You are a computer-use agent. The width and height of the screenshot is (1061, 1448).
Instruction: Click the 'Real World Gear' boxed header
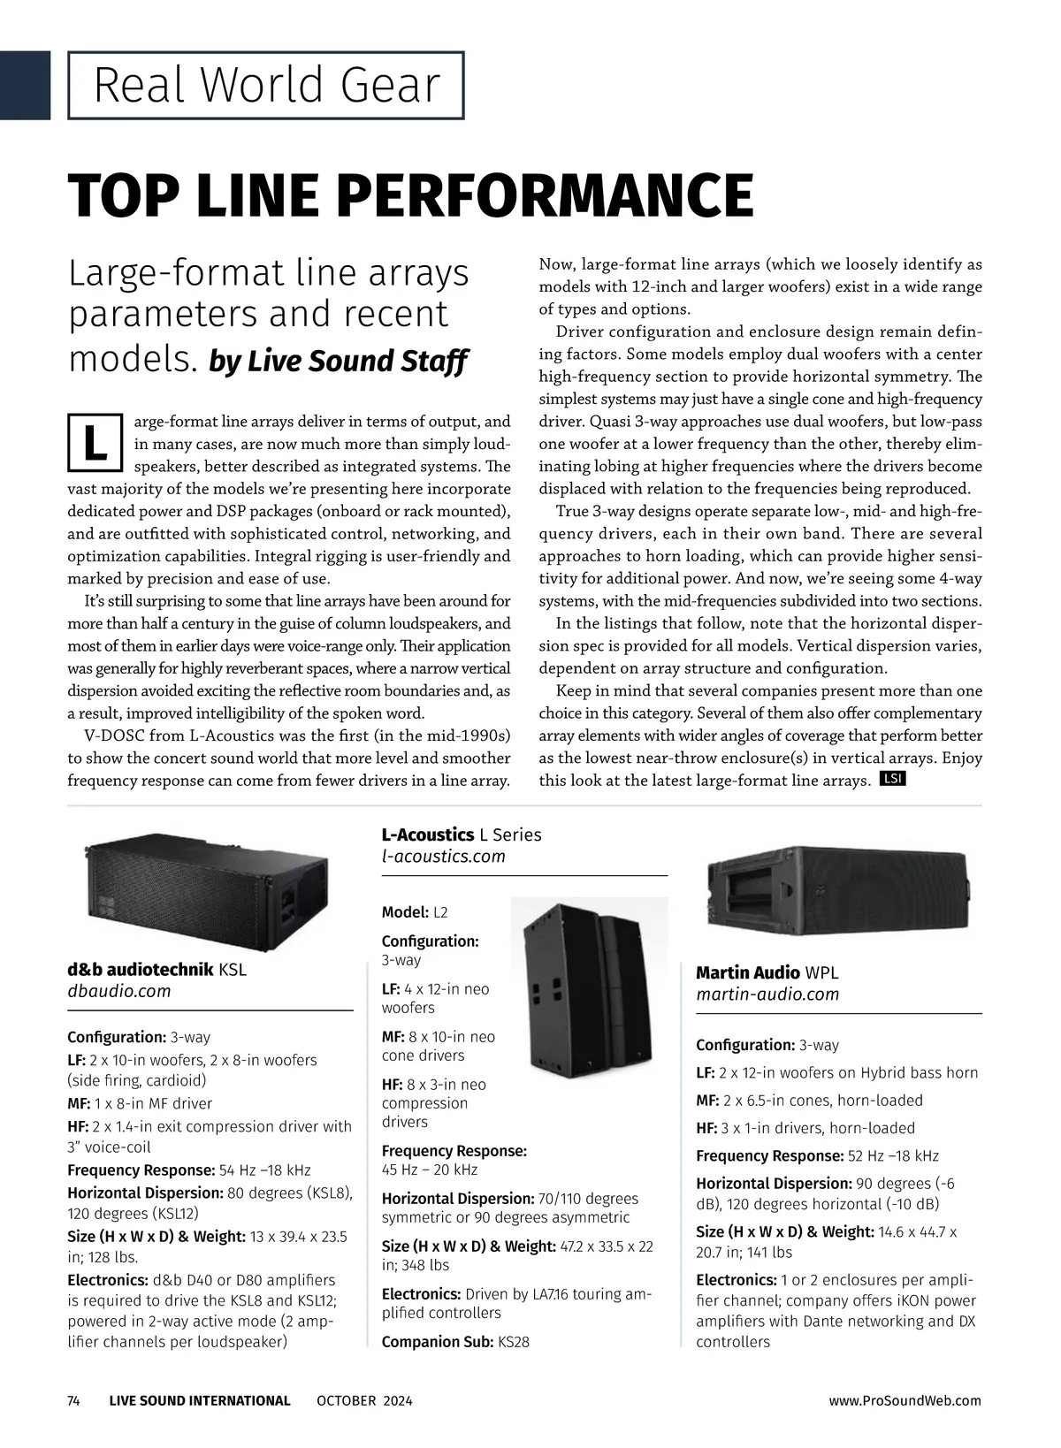pyautogui.click(x=266, y=86)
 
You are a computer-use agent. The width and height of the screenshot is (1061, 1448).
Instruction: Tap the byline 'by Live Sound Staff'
pyautogui.click(x=338, y=362)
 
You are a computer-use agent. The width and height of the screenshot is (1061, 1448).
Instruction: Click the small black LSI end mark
pyautogui.click(x=893, y=779)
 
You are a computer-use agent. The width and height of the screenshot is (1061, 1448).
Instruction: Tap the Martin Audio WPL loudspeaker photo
pyautogui.click(x=839, y=892)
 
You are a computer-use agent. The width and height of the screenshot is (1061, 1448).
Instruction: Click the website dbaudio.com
pyautogui.click(x=119, y=991)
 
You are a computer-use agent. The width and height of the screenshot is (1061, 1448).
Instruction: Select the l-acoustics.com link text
pyautogui.click(x=443, y=856)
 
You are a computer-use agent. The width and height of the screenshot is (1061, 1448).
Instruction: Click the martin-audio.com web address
pyautogui.click(x=767, y=995)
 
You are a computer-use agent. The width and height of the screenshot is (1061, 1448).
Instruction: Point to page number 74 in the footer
pyautogui.click(x=74, y=1400)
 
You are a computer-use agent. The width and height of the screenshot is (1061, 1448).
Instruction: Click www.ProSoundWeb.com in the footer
pyautogui.click(x=905, y=1400)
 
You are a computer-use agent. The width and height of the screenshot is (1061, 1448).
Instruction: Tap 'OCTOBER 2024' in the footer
pyautogui.click(x=364, y=1400)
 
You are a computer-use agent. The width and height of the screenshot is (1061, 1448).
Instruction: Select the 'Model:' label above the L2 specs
pyautogui.click(x=405, y=912)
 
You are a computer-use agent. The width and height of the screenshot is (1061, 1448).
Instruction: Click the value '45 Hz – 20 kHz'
pyautogui.click(x=430, y=1170)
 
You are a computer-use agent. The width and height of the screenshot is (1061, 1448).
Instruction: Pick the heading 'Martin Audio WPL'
pyautogui.click(x=767, y=972)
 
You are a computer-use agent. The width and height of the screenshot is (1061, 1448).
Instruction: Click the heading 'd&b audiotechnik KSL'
pyautogui.click(x=157, y=969)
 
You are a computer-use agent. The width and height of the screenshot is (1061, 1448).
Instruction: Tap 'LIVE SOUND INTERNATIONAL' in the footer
pyautogui.click(x=200, y=1400)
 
